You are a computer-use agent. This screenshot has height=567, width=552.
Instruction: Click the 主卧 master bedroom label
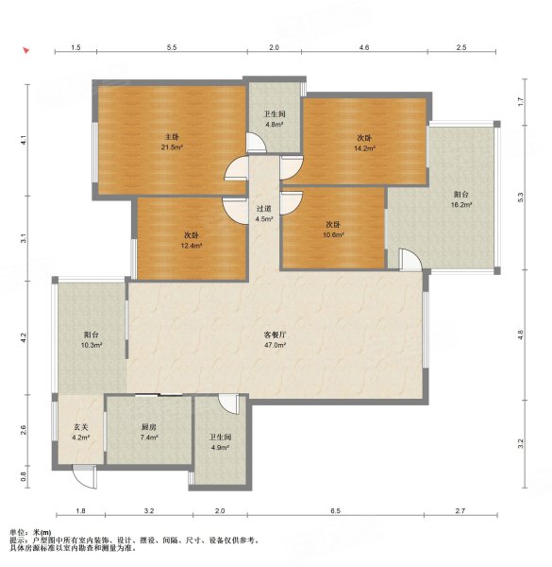tap(172, 137)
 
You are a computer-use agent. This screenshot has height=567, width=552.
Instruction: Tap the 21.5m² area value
tap(172, 147)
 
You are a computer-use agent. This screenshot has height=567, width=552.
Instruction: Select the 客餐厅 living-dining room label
tap(276, 335)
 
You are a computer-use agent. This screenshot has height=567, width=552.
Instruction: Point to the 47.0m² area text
tap(276, 345)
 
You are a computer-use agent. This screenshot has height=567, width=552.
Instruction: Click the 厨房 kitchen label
tap(148, 427)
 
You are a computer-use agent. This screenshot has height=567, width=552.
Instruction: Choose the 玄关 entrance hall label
tap(81, 427)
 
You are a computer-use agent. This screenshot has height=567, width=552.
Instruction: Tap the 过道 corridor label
tap(263, 209)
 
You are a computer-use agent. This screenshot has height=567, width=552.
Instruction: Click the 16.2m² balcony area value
tap(461, 205)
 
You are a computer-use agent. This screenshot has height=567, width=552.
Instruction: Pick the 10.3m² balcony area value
tap(92, 345)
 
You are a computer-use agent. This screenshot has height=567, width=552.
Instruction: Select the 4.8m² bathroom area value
tap(275, 125)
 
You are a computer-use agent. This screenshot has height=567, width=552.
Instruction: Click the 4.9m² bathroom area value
tap(220, 447)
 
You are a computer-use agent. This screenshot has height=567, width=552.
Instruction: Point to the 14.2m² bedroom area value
tap(364, 148)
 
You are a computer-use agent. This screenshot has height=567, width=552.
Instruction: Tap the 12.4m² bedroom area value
tap(192, 246)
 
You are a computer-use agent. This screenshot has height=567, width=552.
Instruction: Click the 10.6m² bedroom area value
tap(333, 235)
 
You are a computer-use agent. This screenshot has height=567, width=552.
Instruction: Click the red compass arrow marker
tap(25, 51)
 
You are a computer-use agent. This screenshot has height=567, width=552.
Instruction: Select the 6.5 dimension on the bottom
tap(335, 511)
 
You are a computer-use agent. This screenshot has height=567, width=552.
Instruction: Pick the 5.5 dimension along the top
tap(172, 47)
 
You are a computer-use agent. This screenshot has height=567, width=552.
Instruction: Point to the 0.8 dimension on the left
tap(23, 477)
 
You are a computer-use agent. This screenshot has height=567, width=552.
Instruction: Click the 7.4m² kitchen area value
tap(149, 438)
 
